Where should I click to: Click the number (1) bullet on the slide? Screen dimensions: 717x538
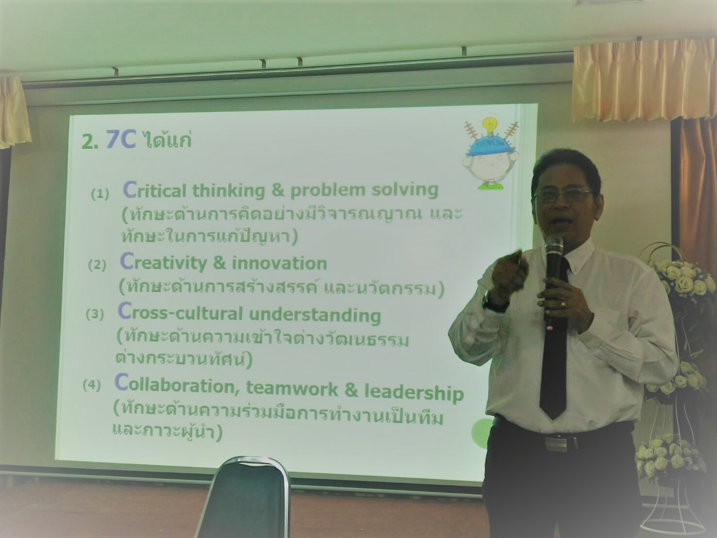click(x=100, y=195)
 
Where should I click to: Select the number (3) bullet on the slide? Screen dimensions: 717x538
click(x=95, y=315)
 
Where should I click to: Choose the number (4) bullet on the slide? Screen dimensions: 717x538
click(x=92, y=386)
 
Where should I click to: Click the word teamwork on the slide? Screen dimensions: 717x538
click(x=292, y=388)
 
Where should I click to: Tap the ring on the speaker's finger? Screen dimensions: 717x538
click(x=563, y=304)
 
